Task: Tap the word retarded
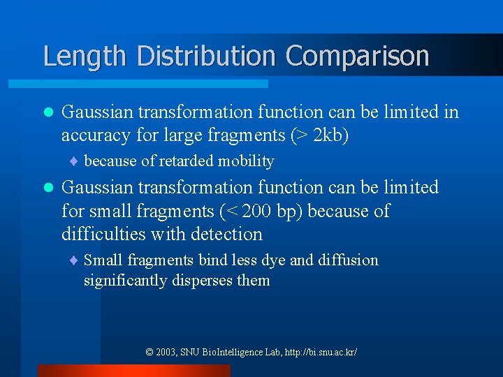(186, 161)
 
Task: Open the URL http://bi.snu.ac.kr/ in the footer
(319, 353)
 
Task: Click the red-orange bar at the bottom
(133, 371)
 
